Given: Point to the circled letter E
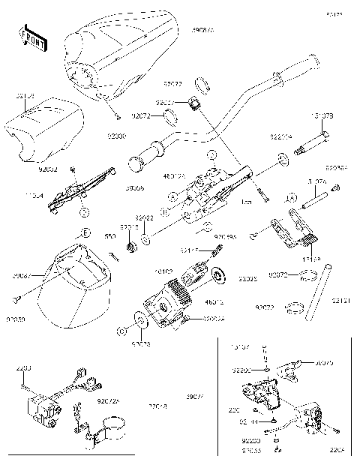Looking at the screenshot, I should click(86, 234).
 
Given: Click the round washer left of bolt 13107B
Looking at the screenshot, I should click(283, 159).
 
